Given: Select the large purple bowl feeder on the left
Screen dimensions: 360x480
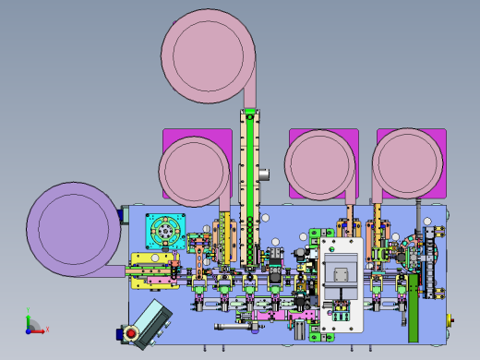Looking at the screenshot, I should coord(72,228).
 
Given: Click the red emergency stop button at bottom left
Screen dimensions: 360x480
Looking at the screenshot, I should coord(131,332).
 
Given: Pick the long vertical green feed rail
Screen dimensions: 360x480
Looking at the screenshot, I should coord(248,185).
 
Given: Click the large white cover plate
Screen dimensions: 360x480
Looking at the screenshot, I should coord(339,282).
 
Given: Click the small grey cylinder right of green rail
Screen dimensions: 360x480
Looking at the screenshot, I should coord(264,174).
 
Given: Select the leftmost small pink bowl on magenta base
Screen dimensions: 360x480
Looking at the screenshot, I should coord(194,172).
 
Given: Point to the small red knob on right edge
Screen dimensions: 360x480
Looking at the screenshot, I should coord(450,319).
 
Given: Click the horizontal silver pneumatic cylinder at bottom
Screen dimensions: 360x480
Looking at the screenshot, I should coord(236,326).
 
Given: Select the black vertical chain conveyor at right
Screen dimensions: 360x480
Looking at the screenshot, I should coord(426,263).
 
